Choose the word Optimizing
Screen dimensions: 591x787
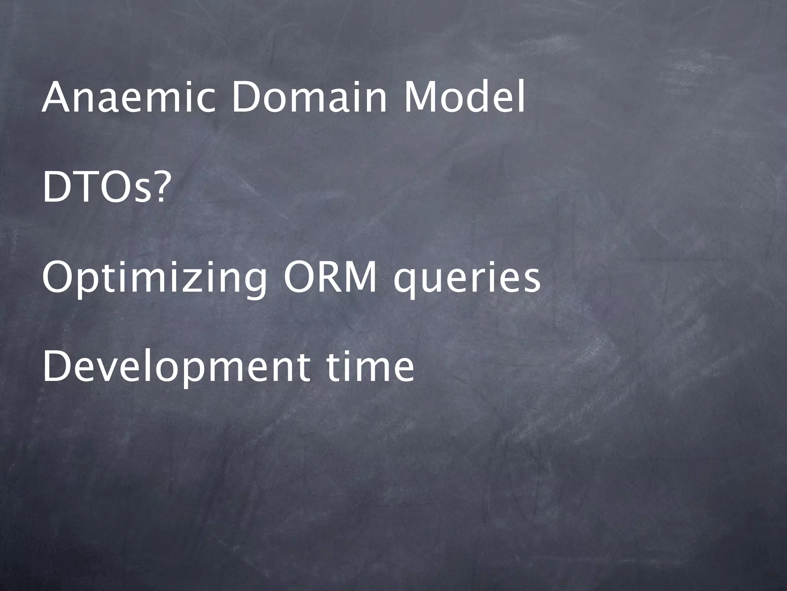[154, 279]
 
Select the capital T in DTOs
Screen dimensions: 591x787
[85, 189]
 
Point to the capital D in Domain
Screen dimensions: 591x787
[246, 98]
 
